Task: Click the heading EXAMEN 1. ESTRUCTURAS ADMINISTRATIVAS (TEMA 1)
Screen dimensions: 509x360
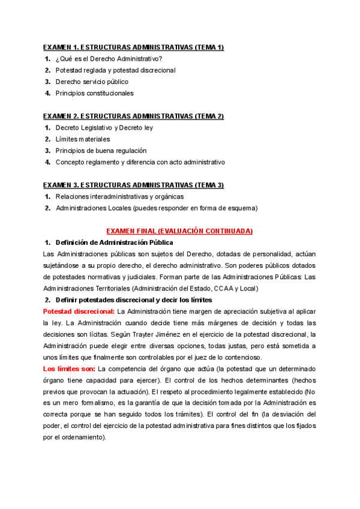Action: [133, 47]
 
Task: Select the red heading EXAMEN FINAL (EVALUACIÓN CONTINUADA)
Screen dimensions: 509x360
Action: [179, 231]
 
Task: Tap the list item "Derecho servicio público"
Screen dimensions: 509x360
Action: [92, 82]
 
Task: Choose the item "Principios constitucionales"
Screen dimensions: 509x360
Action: [95, 93]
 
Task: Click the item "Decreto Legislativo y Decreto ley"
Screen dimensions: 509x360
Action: [104, 128]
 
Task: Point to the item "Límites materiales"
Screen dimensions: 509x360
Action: [83, 139]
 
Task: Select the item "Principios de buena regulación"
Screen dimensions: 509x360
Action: [101, 151]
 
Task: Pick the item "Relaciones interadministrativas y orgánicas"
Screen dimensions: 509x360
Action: [119, 196]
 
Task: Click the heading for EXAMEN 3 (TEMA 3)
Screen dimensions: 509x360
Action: [133, 185]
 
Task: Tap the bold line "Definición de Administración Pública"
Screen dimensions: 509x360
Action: [114, 242]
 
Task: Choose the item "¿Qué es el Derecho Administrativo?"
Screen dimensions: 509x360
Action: [109, 59]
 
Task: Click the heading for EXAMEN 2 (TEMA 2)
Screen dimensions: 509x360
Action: [133, 116]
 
